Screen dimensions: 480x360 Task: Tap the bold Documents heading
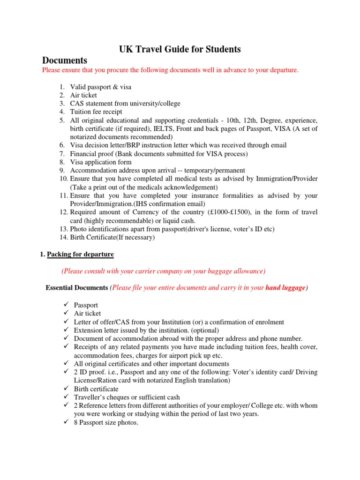65,60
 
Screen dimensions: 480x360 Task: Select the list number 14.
64,237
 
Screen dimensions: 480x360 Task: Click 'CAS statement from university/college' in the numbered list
125,103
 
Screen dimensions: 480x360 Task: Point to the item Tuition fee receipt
96,112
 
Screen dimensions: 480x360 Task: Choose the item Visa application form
101,162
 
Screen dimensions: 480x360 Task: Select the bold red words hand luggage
285,288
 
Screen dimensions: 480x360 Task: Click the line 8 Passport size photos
106,423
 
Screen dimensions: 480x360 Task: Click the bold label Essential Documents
77,288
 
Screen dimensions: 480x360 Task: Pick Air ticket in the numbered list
83,95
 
